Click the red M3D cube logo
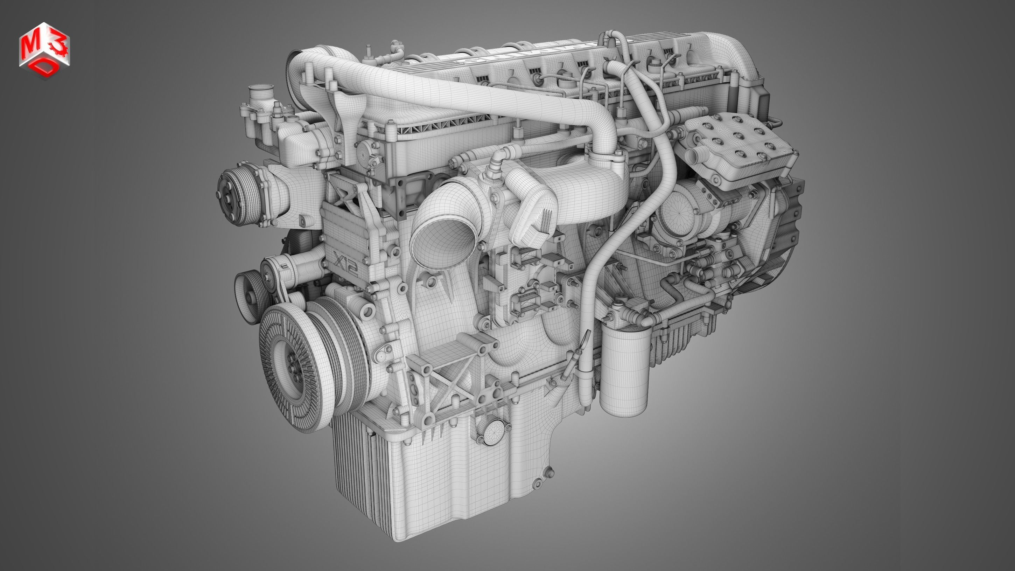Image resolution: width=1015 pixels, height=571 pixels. [44, 50]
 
